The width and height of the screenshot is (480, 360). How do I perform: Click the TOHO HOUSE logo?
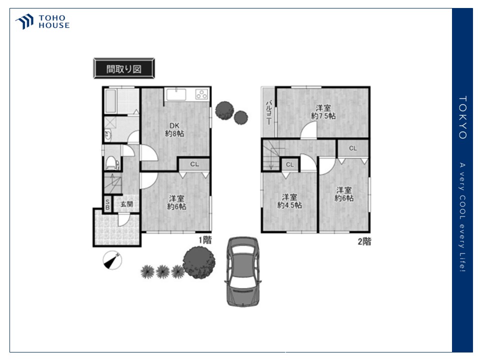click(x=42, y=21)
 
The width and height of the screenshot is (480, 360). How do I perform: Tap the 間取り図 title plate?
click(x=124, y=68)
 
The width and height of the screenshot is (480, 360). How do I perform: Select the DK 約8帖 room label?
click(x=174, y=129)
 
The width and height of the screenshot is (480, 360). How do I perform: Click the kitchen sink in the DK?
click(x=176, y=94)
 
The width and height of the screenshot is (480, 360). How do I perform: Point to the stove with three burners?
click(x=201, y=94)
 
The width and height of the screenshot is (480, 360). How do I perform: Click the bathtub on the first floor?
click(x=110, y=101)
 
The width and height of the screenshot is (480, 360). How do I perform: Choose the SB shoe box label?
click(x=107, y=204)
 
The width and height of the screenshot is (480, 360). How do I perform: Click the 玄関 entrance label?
click(x=126, y=204)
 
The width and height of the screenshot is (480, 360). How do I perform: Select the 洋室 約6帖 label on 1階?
click(x=176, y=202)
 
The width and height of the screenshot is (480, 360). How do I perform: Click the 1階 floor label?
click(x=205, y=240)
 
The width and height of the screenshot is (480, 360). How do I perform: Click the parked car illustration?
click(x=243, y=271)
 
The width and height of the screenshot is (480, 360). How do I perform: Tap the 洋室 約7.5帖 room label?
click(x=323, y=112)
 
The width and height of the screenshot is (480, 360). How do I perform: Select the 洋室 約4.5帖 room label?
click(x=289, y=201)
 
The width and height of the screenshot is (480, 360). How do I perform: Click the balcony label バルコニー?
click(x=268, y=112)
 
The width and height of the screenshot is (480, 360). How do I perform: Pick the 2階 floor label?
click(x=364, y=241)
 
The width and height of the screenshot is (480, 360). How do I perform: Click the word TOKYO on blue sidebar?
click(x=462, y=117)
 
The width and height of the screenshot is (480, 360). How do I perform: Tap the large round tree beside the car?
click(x=199, y=262)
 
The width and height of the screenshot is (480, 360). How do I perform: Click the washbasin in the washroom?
click(x=108, y=135)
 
